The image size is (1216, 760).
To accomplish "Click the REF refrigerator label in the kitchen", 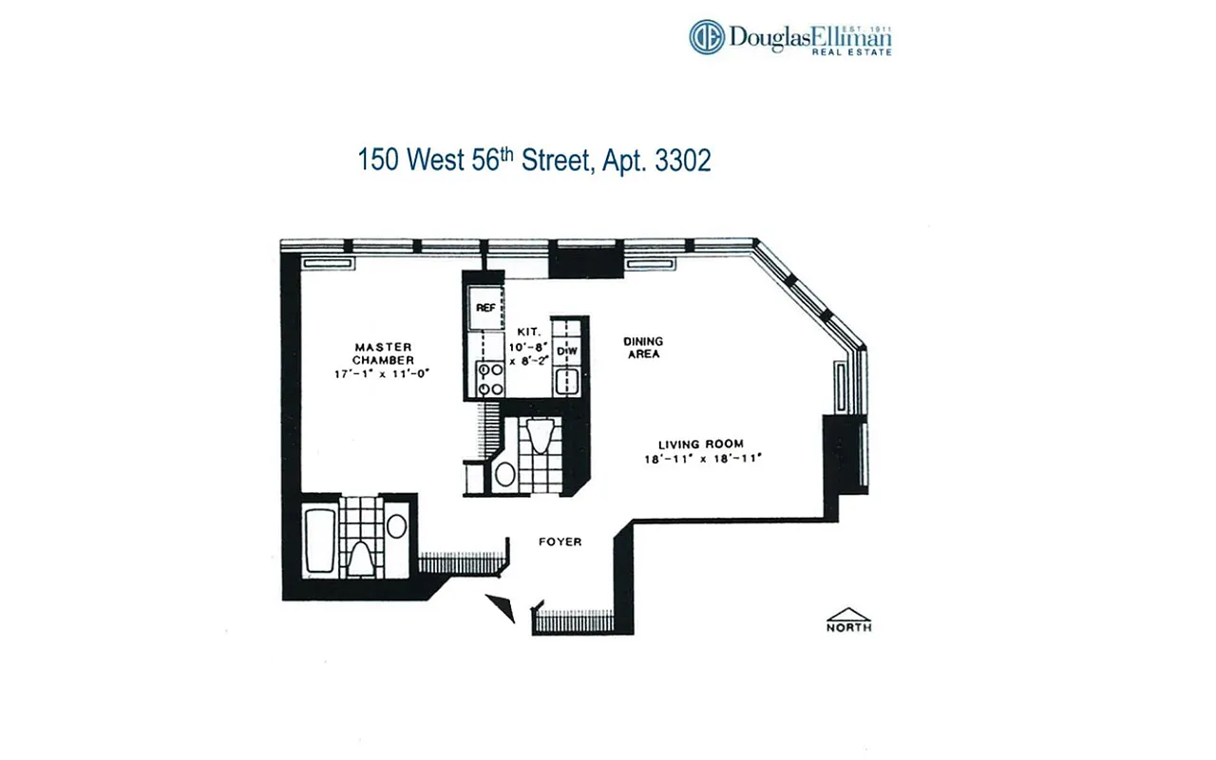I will [x=485, y=308].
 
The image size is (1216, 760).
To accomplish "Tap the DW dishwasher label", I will [x=567, y=351].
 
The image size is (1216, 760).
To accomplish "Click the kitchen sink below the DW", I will [x=567, y=382].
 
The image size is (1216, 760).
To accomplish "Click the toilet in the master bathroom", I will [x=358, y=557].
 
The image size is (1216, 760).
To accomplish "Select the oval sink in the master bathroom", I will [x=396, y=525].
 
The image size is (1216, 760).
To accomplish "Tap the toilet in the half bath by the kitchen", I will [x=539, y=438].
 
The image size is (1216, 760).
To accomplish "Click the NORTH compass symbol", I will [x=847, y=619].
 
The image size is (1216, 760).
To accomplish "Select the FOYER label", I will [x=560, y=541].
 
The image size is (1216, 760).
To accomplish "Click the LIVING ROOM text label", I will [x=701, y=444].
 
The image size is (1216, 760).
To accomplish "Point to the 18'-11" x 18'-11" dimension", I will [x=703, y=459].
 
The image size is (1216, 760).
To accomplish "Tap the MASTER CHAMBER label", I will [x=383, y=353].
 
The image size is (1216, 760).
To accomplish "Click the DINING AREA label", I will [x=642, y=348].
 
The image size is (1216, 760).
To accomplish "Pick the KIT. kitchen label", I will [x=528, y=332].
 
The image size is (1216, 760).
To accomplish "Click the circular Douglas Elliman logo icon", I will [x=707, y=37].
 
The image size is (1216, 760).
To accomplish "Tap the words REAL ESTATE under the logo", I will [x=851, y=52].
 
